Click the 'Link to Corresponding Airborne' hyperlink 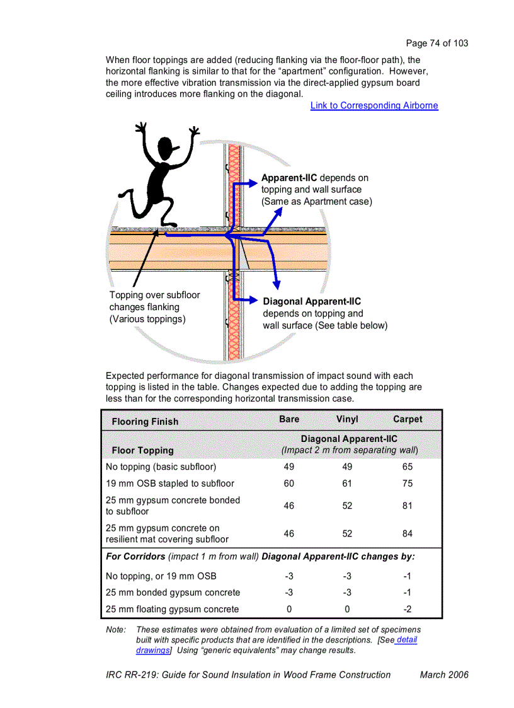pyautogui.click(x=374, y=105)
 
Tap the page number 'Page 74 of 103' pyautogui.click(x=437, y=43)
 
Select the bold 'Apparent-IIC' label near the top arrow pyautogui.click(x=289, y=178)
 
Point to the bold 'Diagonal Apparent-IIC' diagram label pyautogui.click(x=312, y=301)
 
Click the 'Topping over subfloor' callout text pyautogui.click(x=154, y=295)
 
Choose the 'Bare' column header pyautogui.click(x=289, y=419)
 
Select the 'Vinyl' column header pyautogui.click(x=347, y=419)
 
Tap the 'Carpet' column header pyautogui.click(x=408, y=419)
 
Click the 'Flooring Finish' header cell pyautogui.click(x=145, y=422)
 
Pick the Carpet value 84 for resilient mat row pyautogui.click(x=408, y=533)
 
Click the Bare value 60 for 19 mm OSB pyautogui.click(x=289, y=484)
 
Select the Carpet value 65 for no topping pyautogui.click(x=408, y=467)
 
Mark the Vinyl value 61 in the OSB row pyautogui.click(x=347, y=484)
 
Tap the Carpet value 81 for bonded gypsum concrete pyautogui.click(x=408, y=506)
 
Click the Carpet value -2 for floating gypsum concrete pyautogui.click(x=408, y=609)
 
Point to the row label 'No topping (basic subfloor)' pyautogui.click(x=161, y=467)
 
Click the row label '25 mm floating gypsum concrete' pyautogui.click(x=172, y=609)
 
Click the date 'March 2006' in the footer pyautogui.click(x=444, y=675)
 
